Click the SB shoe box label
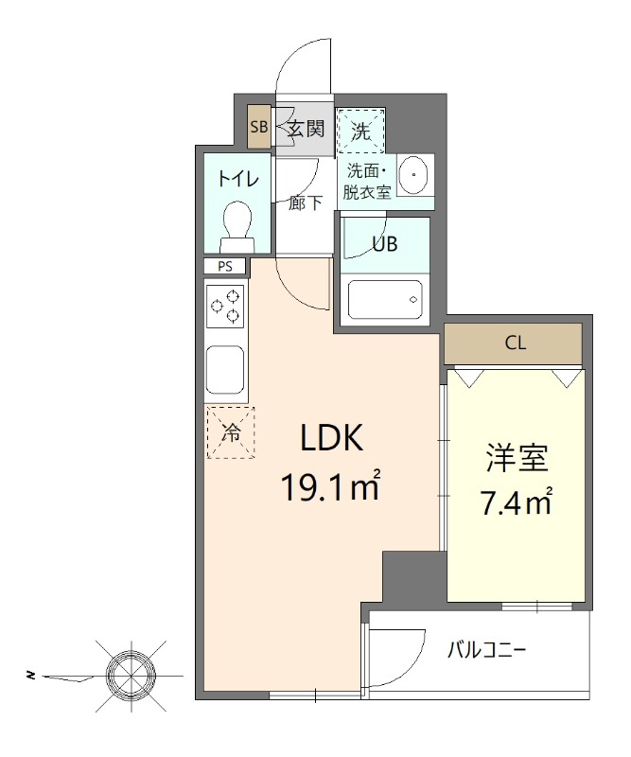pyautogui.click(x=258, y=127)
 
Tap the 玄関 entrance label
pyautogui.click(x=306, y=128)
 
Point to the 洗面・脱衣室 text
pyautogui.click(x=369, y=181)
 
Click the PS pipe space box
pyautogui.click(x=225, y=267)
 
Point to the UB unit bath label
pyautogui.click(x=384, y=243)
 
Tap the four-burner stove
pyautogui.click(x=226, y=307)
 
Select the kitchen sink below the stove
pyautogui.click(x=226, y=370)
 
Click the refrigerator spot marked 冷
pyautogui.click(x=231, y=432)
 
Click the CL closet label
pyautogui.click(x=515, y=343)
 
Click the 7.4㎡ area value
pyautogui.click(x=516, y=502)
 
